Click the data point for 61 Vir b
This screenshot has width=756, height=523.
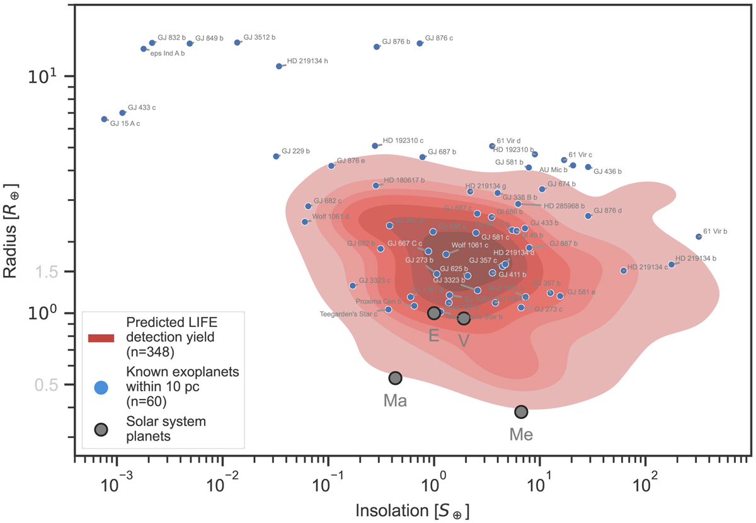coord(698,237)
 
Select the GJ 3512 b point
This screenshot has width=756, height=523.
coord(238,43)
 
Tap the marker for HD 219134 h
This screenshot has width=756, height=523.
coord(279,66)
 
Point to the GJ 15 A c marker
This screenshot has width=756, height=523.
coord(105,119)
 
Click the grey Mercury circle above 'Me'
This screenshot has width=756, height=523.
coord(521,411)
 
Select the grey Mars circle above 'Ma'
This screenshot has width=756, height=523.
coord(395,378)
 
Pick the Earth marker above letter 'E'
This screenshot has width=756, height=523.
coord(433,313)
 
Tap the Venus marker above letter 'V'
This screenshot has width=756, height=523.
coord(464,319)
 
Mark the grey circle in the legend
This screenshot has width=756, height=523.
coord(101,429)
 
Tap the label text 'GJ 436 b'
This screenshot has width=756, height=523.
coord(607,171)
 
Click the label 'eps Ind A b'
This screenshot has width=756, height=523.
coord(168,54)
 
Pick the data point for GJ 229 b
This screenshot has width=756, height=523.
coord(276,156)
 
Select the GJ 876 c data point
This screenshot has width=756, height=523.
coord(420,43)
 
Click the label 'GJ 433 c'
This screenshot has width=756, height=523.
coord(142,108)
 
